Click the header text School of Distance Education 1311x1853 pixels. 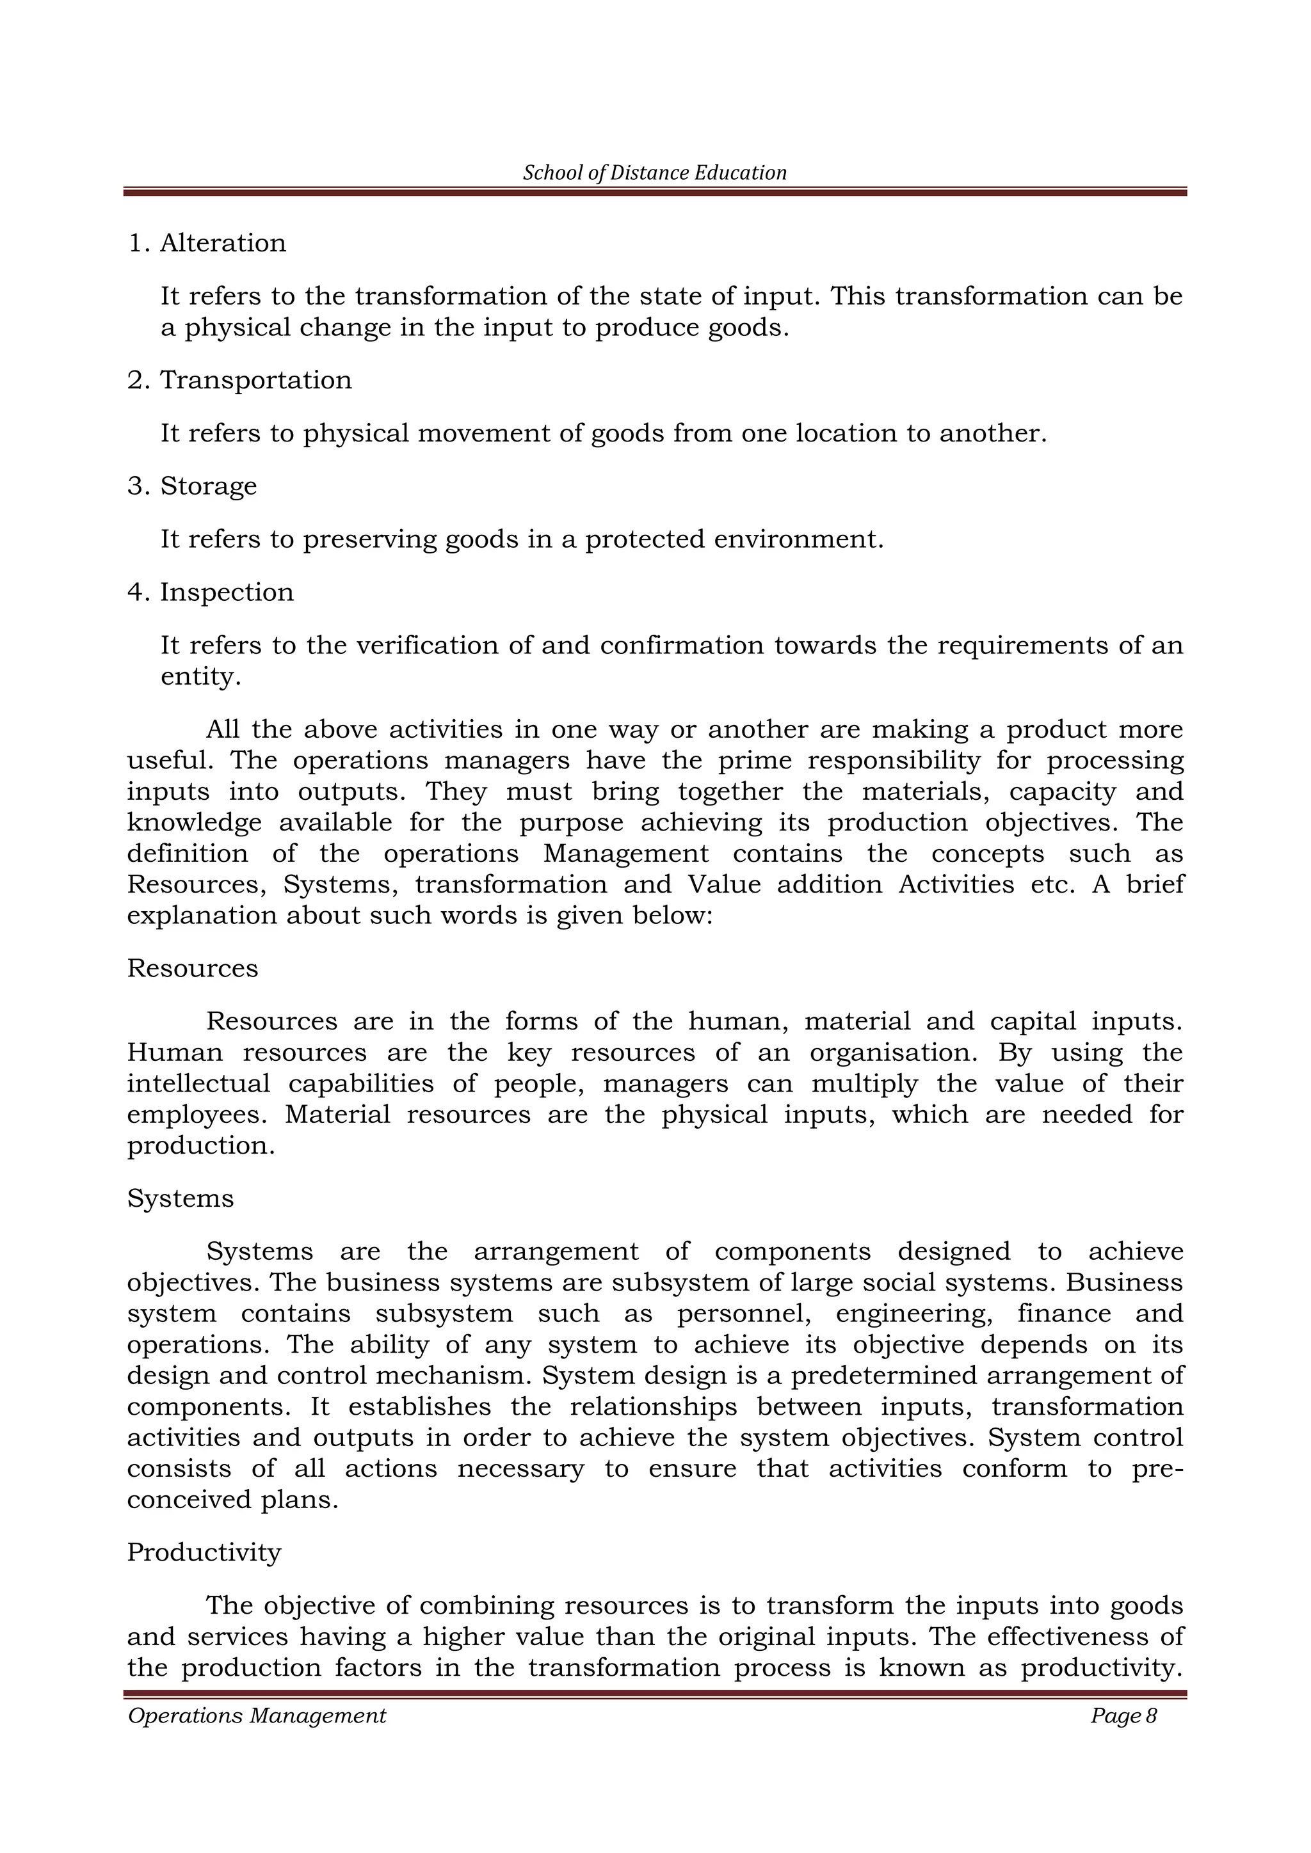(x=655, y=173)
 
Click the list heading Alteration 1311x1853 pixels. (x=223, y=243)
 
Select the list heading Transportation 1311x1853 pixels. (x=256, y=380)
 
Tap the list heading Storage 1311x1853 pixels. (x=208, y=486)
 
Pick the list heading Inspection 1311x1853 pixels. (x=227, y=592)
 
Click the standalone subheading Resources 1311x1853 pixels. (x=192, y=969)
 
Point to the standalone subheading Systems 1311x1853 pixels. (x=180, y=1198)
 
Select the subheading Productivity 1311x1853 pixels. (x=204, y=1552)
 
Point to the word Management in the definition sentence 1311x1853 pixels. (x=625, y=854)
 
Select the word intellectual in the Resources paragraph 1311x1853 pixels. (x=198, y=1084)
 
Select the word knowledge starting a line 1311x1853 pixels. (x=194, y=823)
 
